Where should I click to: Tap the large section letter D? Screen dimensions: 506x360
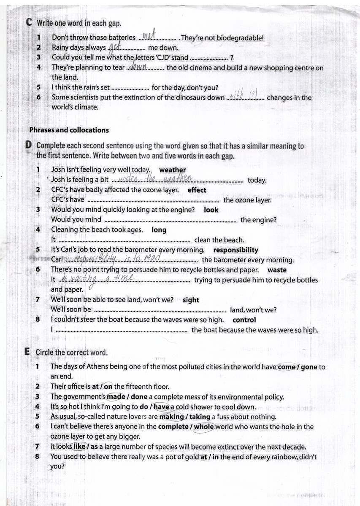click(x=29, y=146)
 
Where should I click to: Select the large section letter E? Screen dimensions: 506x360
click(x=27, y=352)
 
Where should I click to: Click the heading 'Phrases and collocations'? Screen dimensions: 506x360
click(x=69, y=130)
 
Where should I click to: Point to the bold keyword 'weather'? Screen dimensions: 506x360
click(x=173, y=170)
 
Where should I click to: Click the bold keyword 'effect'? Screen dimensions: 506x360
click(x=197, y=190)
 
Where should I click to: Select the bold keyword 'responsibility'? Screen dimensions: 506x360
click(x=235, y=250)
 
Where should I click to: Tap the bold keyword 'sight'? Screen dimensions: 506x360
click(x=191, y=300)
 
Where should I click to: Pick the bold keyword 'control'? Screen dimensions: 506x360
click(x=244, y=320)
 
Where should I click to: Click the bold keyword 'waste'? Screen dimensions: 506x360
click(x=277, y=270)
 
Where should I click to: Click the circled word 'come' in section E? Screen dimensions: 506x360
click(x=287, y=367)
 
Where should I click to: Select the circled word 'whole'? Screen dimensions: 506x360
click(x=204, y=427)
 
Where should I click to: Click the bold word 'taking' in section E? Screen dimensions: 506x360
click(x=200, y=417)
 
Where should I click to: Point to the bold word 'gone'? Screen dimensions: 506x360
click(x=309, y=367)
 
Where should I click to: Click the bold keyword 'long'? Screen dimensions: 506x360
click(x=159, y=230)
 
